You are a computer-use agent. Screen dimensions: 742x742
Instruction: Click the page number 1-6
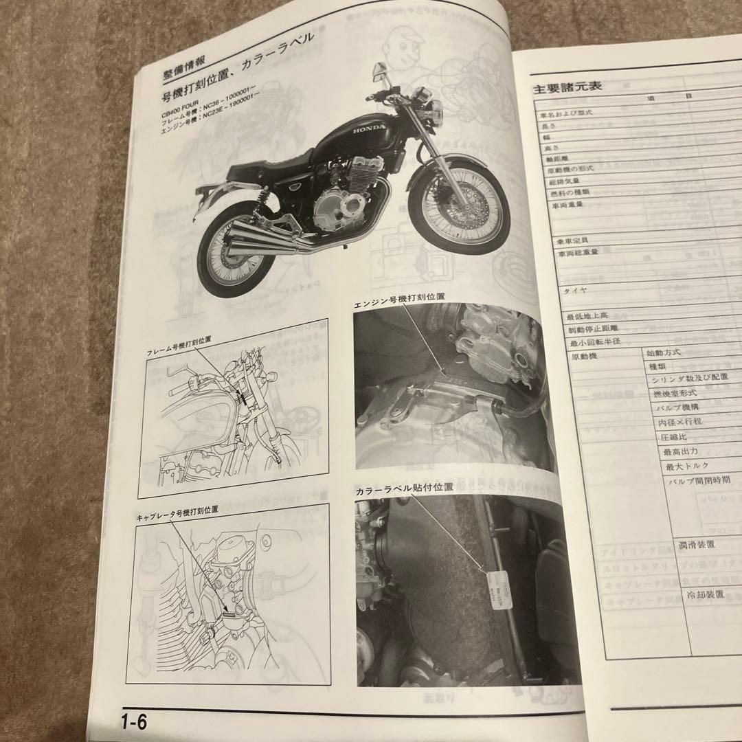coord(135,722)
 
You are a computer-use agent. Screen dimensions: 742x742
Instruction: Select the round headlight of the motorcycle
coord(435,109)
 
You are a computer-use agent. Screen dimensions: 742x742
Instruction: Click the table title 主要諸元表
coord(567,89)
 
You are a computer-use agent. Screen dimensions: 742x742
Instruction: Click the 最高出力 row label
coord(681,452)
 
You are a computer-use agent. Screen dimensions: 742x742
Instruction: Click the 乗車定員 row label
coord(578,240)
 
